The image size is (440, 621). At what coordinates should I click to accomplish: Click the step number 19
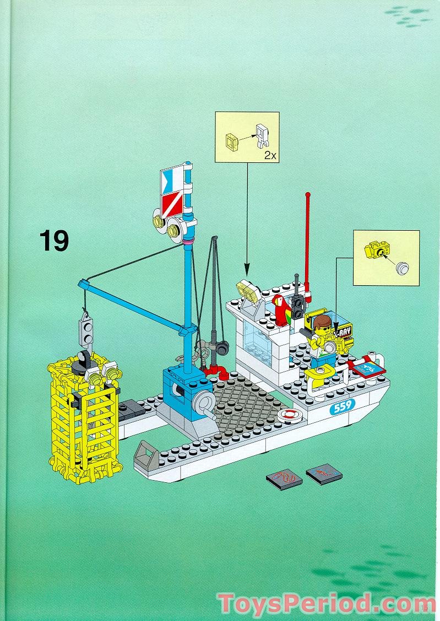point(54,241)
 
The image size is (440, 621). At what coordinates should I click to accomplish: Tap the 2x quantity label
point(270,156)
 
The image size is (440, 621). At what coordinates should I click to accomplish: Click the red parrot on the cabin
point(281,310)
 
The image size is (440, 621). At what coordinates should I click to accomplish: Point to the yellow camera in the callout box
point(376,251)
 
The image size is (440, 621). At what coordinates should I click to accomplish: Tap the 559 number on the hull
point(342,407)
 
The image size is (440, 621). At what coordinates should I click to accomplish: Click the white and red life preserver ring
point(291,414)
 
